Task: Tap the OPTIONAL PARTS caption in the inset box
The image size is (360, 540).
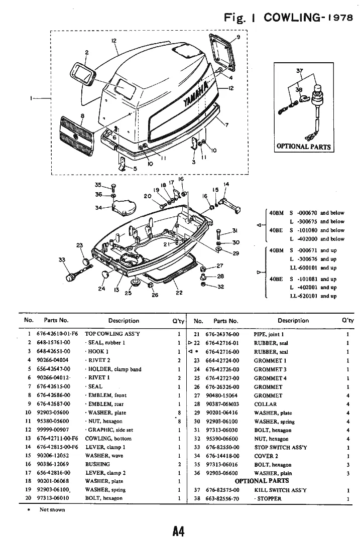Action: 303,147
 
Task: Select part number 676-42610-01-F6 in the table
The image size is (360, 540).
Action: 57,334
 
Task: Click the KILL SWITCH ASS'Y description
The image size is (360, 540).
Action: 280,490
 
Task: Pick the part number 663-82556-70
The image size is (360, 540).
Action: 222,499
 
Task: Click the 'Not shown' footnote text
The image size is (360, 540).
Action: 52,510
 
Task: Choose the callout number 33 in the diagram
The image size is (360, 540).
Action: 62,259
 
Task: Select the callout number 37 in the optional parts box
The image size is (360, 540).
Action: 299,71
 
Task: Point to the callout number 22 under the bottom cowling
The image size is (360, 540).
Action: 179,293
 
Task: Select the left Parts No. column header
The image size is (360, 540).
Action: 56,320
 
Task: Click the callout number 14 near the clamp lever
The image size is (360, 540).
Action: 226,184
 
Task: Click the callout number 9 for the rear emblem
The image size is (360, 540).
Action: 238,37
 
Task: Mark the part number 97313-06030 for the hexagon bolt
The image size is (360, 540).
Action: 222,430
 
